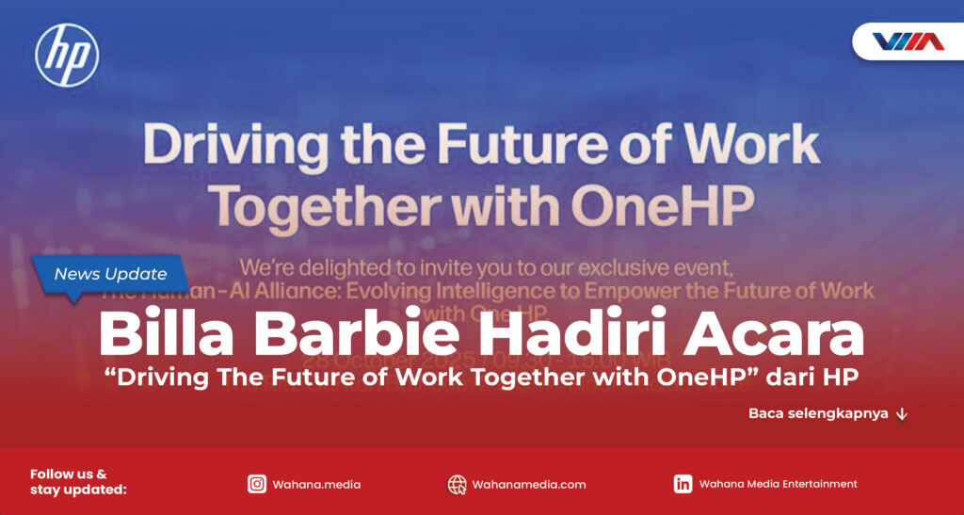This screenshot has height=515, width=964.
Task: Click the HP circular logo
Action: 67,56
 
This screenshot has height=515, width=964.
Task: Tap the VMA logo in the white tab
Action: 908,41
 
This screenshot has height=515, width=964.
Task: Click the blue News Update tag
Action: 110,275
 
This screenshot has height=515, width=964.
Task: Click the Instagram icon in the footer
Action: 257,484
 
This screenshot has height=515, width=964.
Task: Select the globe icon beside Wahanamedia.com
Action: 458,484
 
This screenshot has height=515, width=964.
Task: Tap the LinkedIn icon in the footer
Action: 683,484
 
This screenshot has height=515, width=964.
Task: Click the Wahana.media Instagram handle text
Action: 316,485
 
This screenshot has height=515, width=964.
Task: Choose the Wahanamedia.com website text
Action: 529,485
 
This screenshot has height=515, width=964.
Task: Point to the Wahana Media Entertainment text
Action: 779,484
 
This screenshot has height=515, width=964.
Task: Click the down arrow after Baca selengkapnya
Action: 902,413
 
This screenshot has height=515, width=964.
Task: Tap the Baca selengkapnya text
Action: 818,413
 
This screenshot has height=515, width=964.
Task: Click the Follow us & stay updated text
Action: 78,482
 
